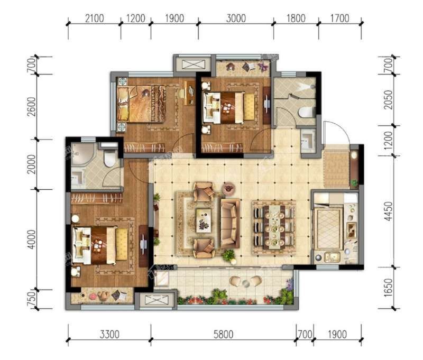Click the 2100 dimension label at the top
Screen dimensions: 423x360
pyautogui.click(x=95, y=19)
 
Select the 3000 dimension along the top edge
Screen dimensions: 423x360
pyautogui.click(x=236, y=19)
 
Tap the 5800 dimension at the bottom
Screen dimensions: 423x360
pyautogui.click(x=223, y=335)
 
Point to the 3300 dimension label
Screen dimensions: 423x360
pyautogui.click(x=109, y=335)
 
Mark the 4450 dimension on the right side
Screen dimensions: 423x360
pyautogui.click(x=388, y=211)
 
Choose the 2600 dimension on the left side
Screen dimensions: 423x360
pyautogui.click(x=31, y=107)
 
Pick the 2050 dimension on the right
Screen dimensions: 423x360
pyautogui.click(x=388, y=100)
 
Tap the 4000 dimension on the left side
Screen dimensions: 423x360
pyautogui.click(x=31, y=239)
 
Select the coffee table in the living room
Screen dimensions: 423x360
pyautogui.click(x=204, y=220)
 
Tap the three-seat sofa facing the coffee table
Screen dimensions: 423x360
pyautogui.click(x=230, y=224)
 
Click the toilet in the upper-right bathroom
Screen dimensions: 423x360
pyautogui.click(x=307, y=112)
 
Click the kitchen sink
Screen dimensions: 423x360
pyautogui.click(x=332, y=256)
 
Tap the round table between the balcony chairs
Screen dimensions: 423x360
pyautogui.click(x=246, y=283)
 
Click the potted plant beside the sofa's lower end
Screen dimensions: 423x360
pyautogui.click(x=229, y=256)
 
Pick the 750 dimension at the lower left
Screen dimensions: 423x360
pyautogui.click(x=31, y=299)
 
